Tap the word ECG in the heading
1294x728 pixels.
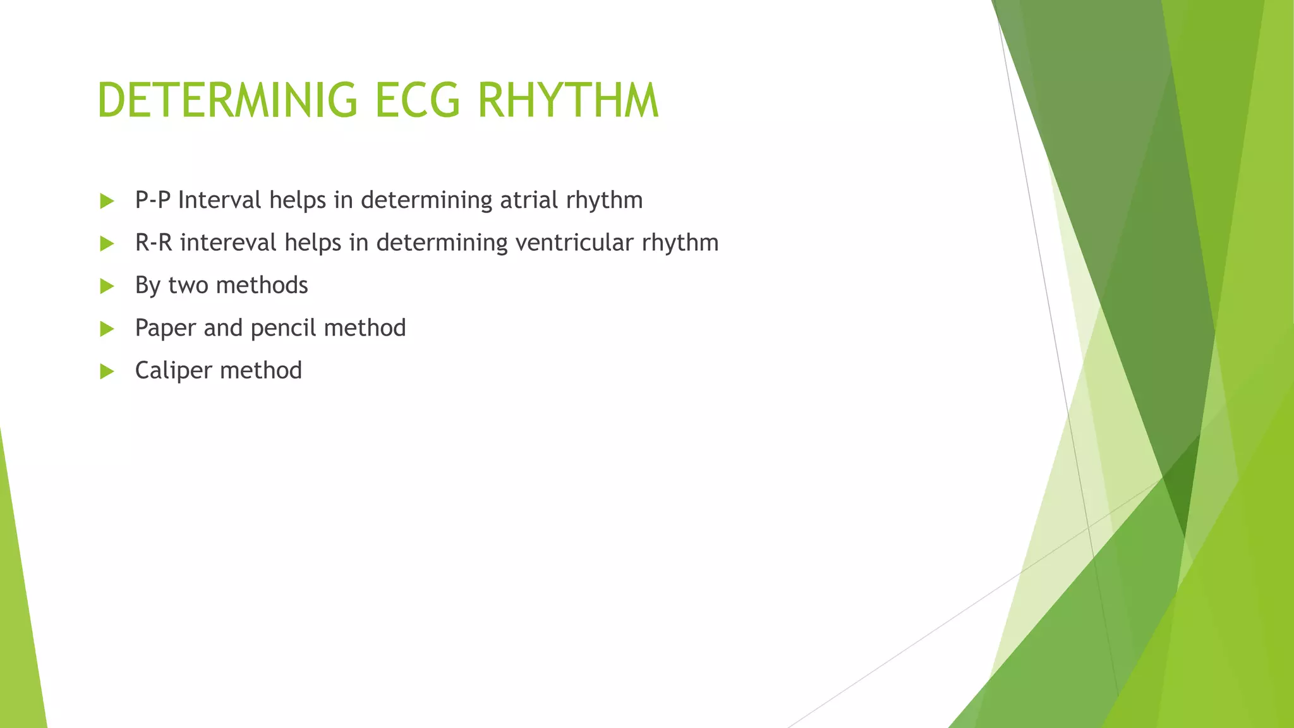(418, 100)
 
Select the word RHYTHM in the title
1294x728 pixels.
(568, 100)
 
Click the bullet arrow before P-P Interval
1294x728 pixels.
(107, 202)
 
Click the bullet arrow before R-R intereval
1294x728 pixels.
(107, 244)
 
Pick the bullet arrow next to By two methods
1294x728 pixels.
(107, 286)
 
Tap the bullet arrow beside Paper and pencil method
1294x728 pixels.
(107, 329)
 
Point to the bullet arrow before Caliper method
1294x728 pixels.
(107, 371)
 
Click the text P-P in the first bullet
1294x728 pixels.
(153, 200)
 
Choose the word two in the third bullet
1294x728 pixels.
(188, 286)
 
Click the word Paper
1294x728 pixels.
(165, 328)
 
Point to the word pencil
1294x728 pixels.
(283, 328)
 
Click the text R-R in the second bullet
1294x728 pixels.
(154, 243)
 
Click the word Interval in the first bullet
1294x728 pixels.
(219, 200)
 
